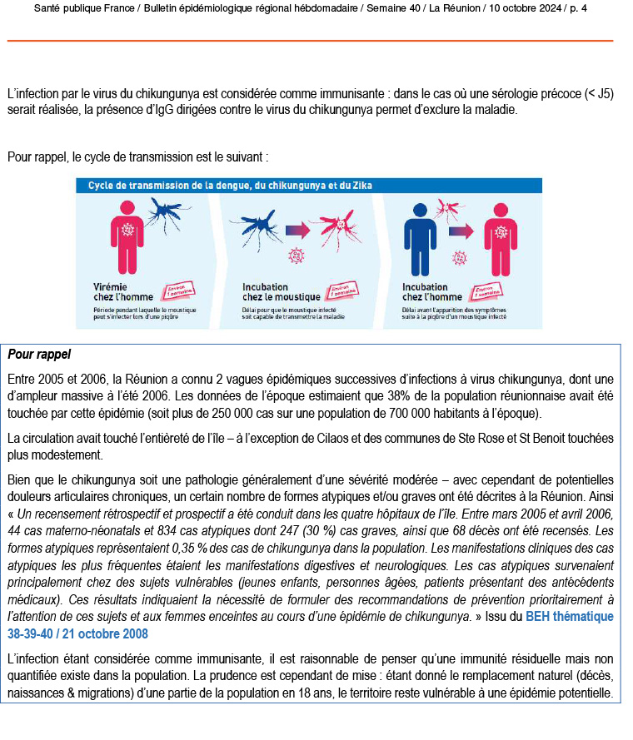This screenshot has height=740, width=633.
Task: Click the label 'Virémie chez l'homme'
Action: click(x=120, y=291)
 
